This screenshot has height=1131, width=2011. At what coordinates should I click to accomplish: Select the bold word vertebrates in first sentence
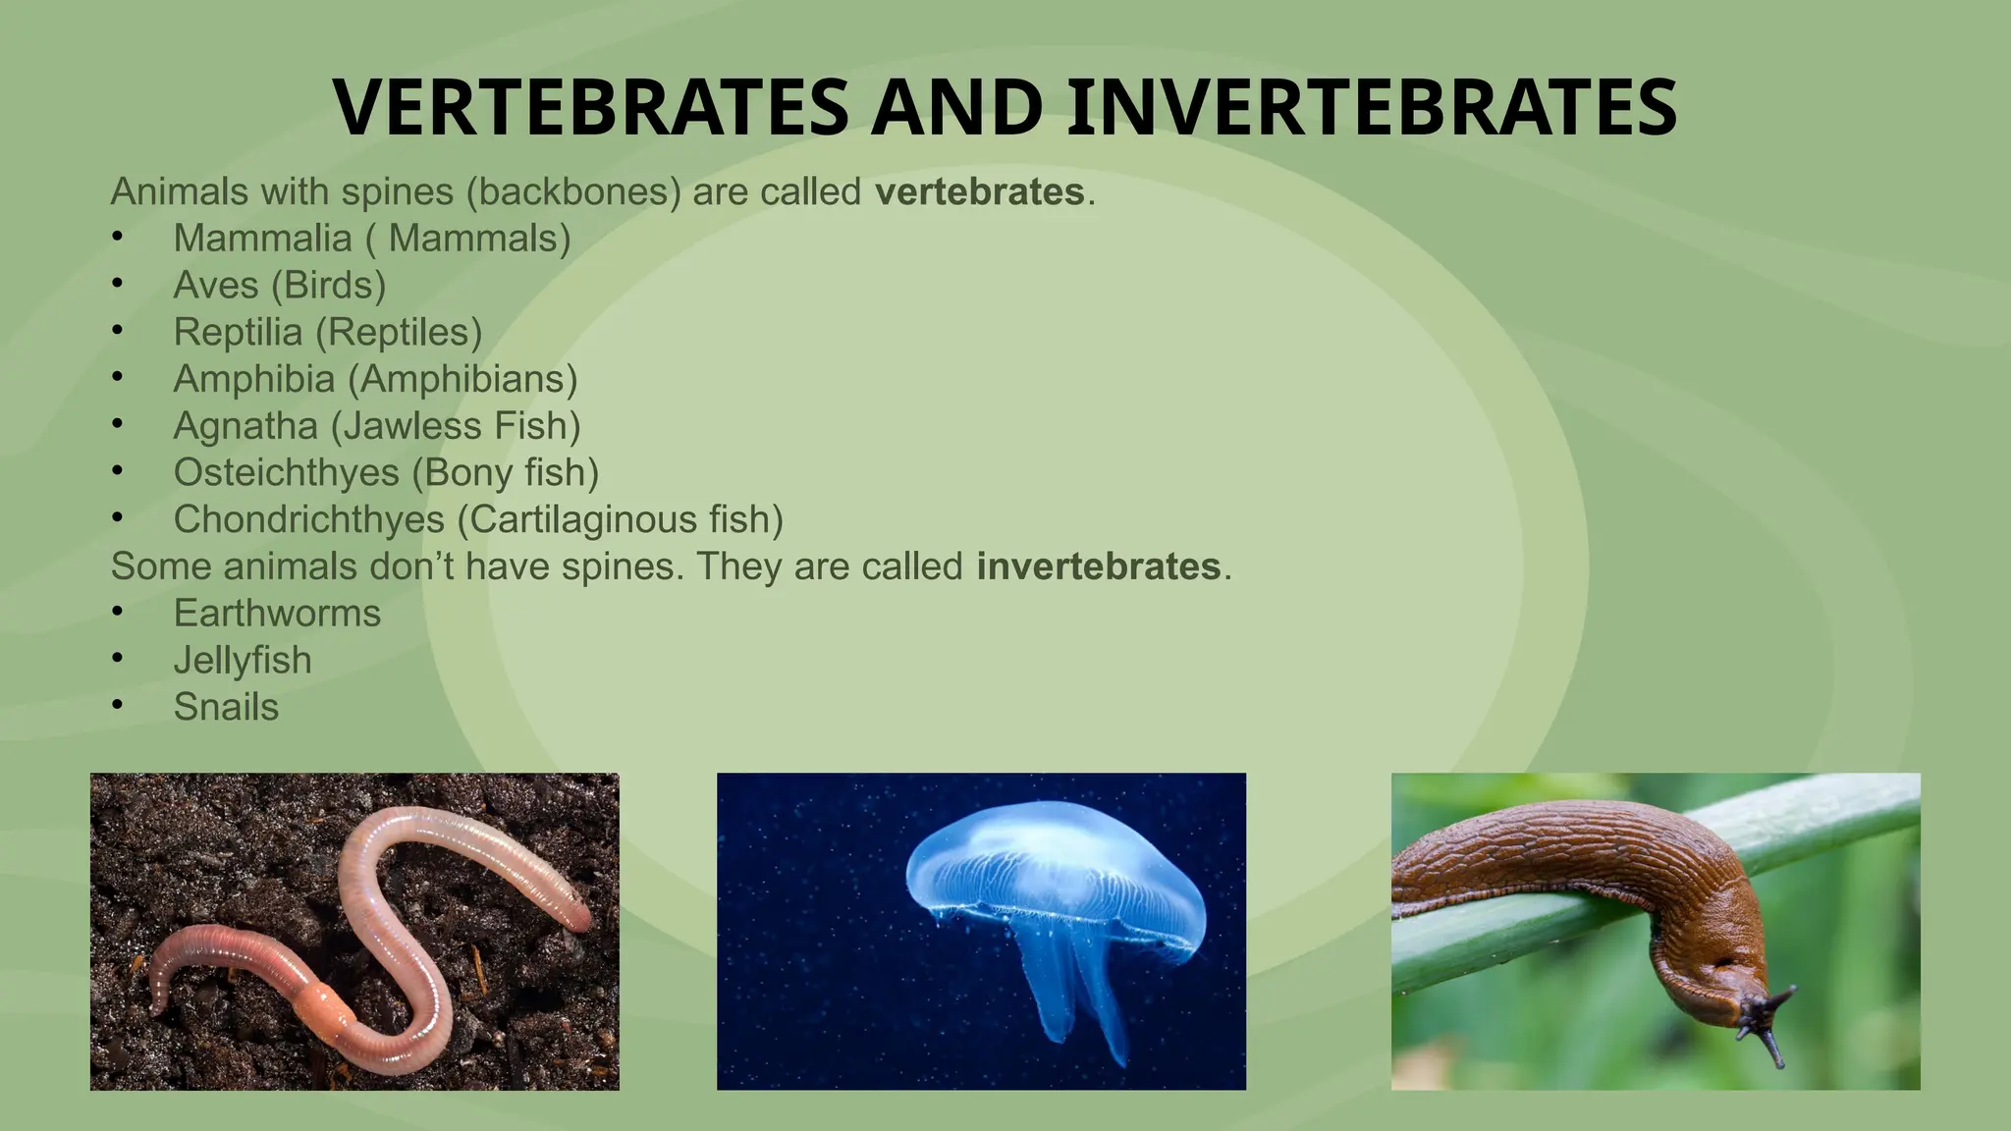click(979, 191)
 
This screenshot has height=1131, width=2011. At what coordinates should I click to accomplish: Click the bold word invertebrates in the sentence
click(1098, 566)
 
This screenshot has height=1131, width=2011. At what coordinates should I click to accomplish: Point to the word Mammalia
click(262, 239)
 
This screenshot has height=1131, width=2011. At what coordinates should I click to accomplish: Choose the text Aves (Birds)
click(280, 286)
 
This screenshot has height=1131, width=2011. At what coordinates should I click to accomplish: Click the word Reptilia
click(238, 332)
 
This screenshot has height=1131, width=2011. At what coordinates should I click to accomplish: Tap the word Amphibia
click(254, 379)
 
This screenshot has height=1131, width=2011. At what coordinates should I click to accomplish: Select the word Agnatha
click(245, 426)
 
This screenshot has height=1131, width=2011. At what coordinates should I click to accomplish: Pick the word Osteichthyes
click(286, 473)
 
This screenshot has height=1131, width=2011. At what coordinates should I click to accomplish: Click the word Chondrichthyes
click(308, 519)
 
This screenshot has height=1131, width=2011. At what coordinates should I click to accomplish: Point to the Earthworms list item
click(277, 614)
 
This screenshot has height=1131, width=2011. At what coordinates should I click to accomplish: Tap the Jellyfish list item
click(243, 661)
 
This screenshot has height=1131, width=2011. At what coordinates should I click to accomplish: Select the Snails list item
click(226, 708)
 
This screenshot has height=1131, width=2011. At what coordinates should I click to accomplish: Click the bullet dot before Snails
click(118, 705)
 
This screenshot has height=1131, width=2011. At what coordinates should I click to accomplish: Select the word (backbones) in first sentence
click(573, 191)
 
